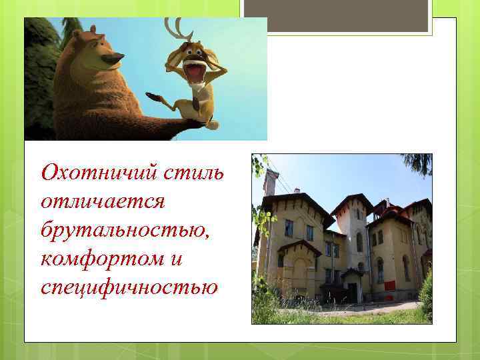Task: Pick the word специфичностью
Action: (129, 287)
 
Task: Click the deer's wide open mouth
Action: (193, 69)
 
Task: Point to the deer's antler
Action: (175, 29)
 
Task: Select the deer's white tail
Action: (212, 124)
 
